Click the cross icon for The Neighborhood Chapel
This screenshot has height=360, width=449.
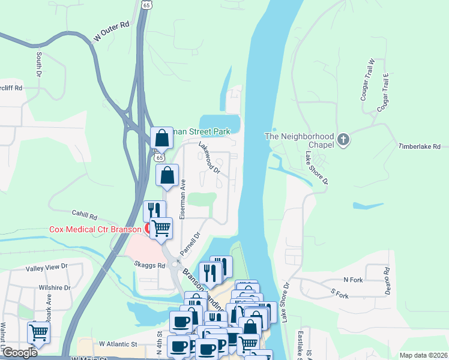343,140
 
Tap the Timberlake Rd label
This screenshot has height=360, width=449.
420,146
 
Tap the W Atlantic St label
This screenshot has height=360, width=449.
118,344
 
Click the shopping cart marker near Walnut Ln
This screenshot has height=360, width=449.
39,331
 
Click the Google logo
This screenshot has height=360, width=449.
19,353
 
